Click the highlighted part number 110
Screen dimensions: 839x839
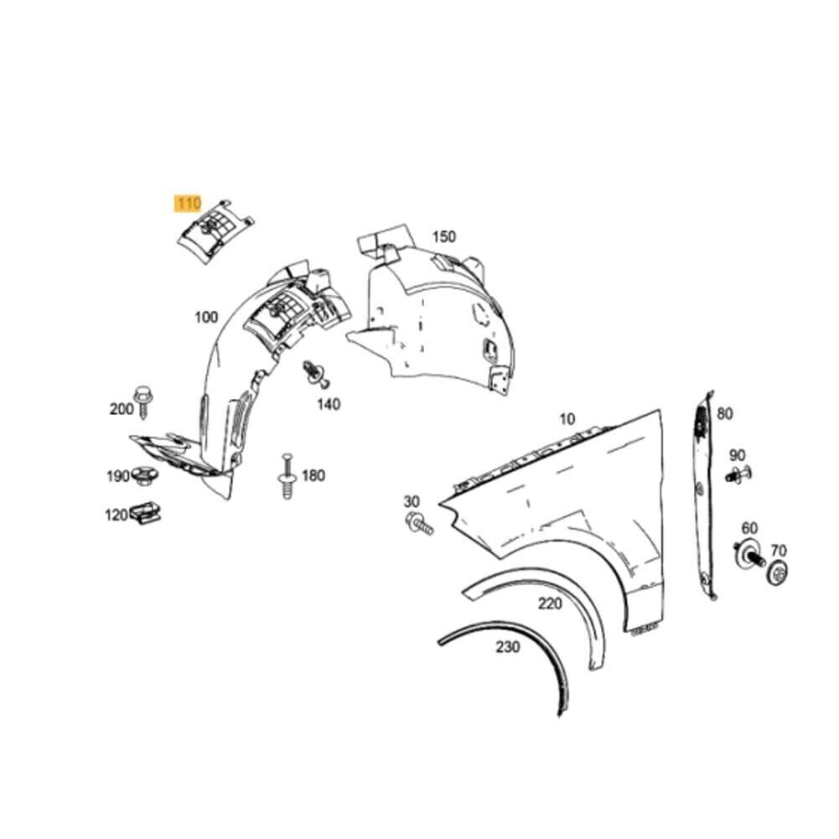(x=189, y=204)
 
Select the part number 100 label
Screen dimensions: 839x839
(x=206, y=318)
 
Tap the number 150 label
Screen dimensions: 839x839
(x=444, y=236)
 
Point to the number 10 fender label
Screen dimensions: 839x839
(x=567, y=419)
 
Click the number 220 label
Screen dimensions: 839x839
(x=550, y=604)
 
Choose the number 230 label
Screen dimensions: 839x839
(x=507, y=647)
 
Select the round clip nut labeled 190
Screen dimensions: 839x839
(x=144, y=476)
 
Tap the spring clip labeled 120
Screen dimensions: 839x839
(x=145, y=513)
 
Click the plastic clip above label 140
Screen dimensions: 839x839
(x=316, y=373)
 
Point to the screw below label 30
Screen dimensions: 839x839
(x=419, y=523)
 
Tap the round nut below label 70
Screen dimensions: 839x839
(x=778, y=572)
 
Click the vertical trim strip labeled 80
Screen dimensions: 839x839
(x=705, y=495)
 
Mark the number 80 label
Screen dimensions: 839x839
(x=724, y=413)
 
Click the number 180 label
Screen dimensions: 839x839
(x=313, y=475)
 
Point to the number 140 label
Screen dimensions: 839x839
(x=329, y=404)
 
